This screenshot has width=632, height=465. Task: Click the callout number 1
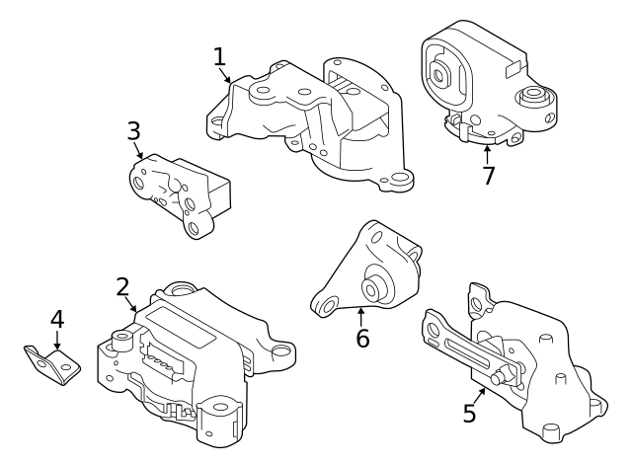click(x=219, y=57)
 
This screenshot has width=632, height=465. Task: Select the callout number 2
click(x=122, y=286)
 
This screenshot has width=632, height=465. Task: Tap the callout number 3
click(x=133, y=130)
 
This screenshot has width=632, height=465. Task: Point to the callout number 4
click(x=57, y=319)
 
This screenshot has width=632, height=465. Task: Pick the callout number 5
click(x=470, y=413)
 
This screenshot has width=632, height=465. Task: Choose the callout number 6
click(x=362, y=339)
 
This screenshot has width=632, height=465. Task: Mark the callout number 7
click(x=488, y=176)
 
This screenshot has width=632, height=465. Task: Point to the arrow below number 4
click(x=57, y=342)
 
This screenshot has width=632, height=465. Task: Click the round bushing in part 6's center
click(x=372, y=288)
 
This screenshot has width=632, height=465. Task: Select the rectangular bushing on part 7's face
click(x=442, y=74)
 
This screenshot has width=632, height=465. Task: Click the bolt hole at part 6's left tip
click(x=325, y=304)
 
